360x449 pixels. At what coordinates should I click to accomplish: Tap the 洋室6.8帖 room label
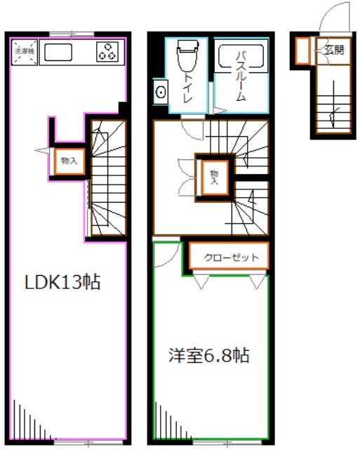(209, 355)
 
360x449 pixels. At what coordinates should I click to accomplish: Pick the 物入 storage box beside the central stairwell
(214, 174)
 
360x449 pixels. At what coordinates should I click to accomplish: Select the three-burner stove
(107, 52)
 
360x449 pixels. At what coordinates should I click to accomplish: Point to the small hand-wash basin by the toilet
(160, 91)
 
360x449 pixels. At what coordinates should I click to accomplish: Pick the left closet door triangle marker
(201, 282)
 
